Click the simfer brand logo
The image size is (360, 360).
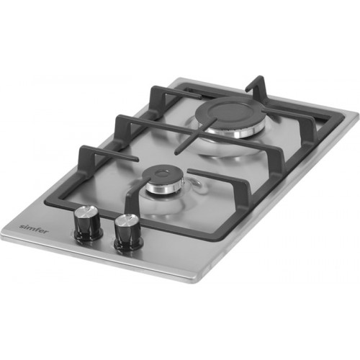point(34,229)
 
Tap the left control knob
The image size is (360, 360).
point(89,223)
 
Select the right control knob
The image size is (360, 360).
point(127,232)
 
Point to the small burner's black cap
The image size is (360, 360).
point(160,176)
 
